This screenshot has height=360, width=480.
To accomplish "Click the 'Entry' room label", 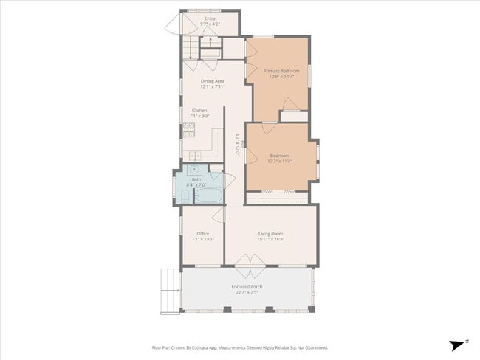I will point(210,18).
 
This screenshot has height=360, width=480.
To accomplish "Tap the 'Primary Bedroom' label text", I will point(281,71).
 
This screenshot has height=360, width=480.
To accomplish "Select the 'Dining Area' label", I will point(212,81).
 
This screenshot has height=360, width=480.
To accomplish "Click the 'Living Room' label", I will point(271,234).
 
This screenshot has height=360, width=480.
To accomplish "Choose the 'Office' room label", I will point(202,234).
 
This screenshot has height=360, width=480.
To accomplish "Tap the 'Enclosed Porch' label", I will point(247,286).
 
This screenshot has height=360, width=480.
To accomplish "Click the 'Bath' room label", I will point(196,179).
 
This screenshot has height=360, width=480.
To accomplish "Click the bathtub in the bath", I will point(208,196).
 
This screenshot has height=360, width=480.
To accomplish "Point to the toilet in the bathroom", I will point(183,196).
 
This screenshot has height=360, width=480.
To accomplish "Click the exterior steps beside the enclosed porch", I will point(171,291).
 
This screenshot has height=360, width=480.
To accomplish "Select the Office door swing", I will point(218,213).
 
